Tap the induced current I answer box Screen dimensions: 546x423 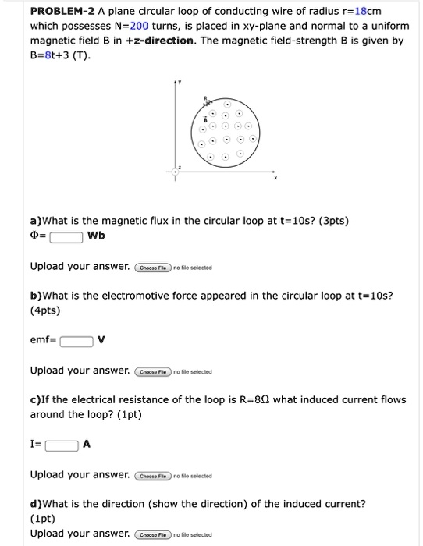click(62, 445)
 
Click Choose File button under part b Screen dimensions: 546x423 click(154, 371)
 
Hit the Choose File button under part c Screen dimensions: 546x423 click(154, 475)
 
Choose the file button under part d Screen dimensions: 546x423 click(154, 534)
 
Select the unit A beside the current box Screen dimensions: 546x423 click(87, 445)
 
